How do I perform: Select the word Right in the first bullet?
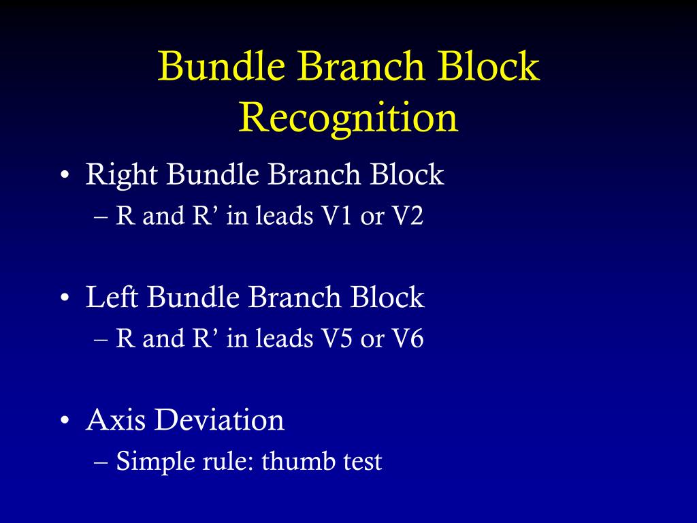pos(122,175)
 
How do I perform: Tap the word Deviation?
pos(219,420)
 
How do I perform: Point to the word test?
pos(359,462)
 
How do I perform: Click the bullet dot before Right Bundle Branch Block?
pos(64,176)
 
